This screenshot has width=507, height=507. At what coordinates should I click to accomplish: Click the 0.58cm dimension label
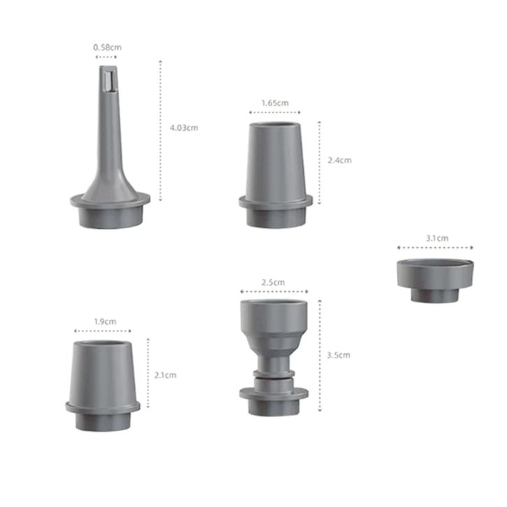(x=108, y=47)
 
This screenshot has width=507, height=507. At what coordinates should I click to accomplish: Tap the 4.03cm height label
(x=184, y=128)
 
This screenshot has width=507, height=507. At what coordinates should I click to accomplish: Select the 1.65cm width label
(x=275, y=103)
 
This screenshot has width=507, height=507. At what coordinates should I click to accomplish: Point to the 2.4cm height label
(x=339, y=161)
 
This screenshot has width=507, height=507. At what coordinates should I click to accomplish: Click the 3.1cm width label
(x=437, y=238)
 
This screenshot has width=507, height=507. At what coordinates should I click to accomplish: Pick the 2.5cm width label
(x=273, y=283)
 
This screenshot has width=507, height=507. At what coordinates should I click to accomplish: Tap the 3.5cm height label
(x=339, y=355)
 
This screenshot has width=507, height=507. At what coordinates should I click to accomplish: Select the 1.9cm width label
(x=105, y=322)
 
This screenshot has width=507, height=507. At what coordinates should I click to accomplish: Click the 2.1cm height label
(x=166, y=376)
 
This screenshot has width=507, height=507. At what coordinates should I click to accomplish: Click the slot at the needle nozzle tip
(x=108, y=81)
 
